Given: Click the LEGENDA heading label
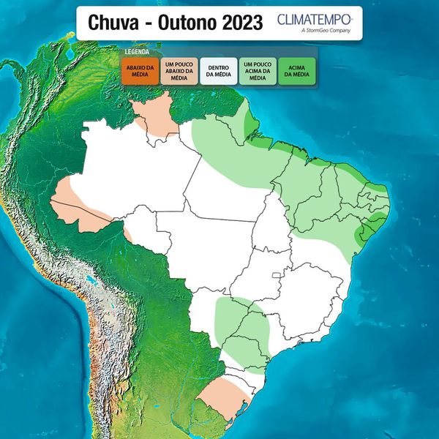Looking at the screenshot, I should (137, 53).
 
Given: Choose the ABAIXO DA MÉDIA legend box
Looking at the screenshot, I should (140, 72).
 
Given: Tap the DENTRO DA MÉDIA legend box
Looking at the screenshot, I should (219, 72).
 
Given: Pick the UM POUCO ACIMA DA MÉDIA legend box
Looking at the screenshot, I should (258, 72).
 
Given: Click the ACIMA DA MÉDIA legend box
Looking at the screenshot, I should (296, 72).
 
